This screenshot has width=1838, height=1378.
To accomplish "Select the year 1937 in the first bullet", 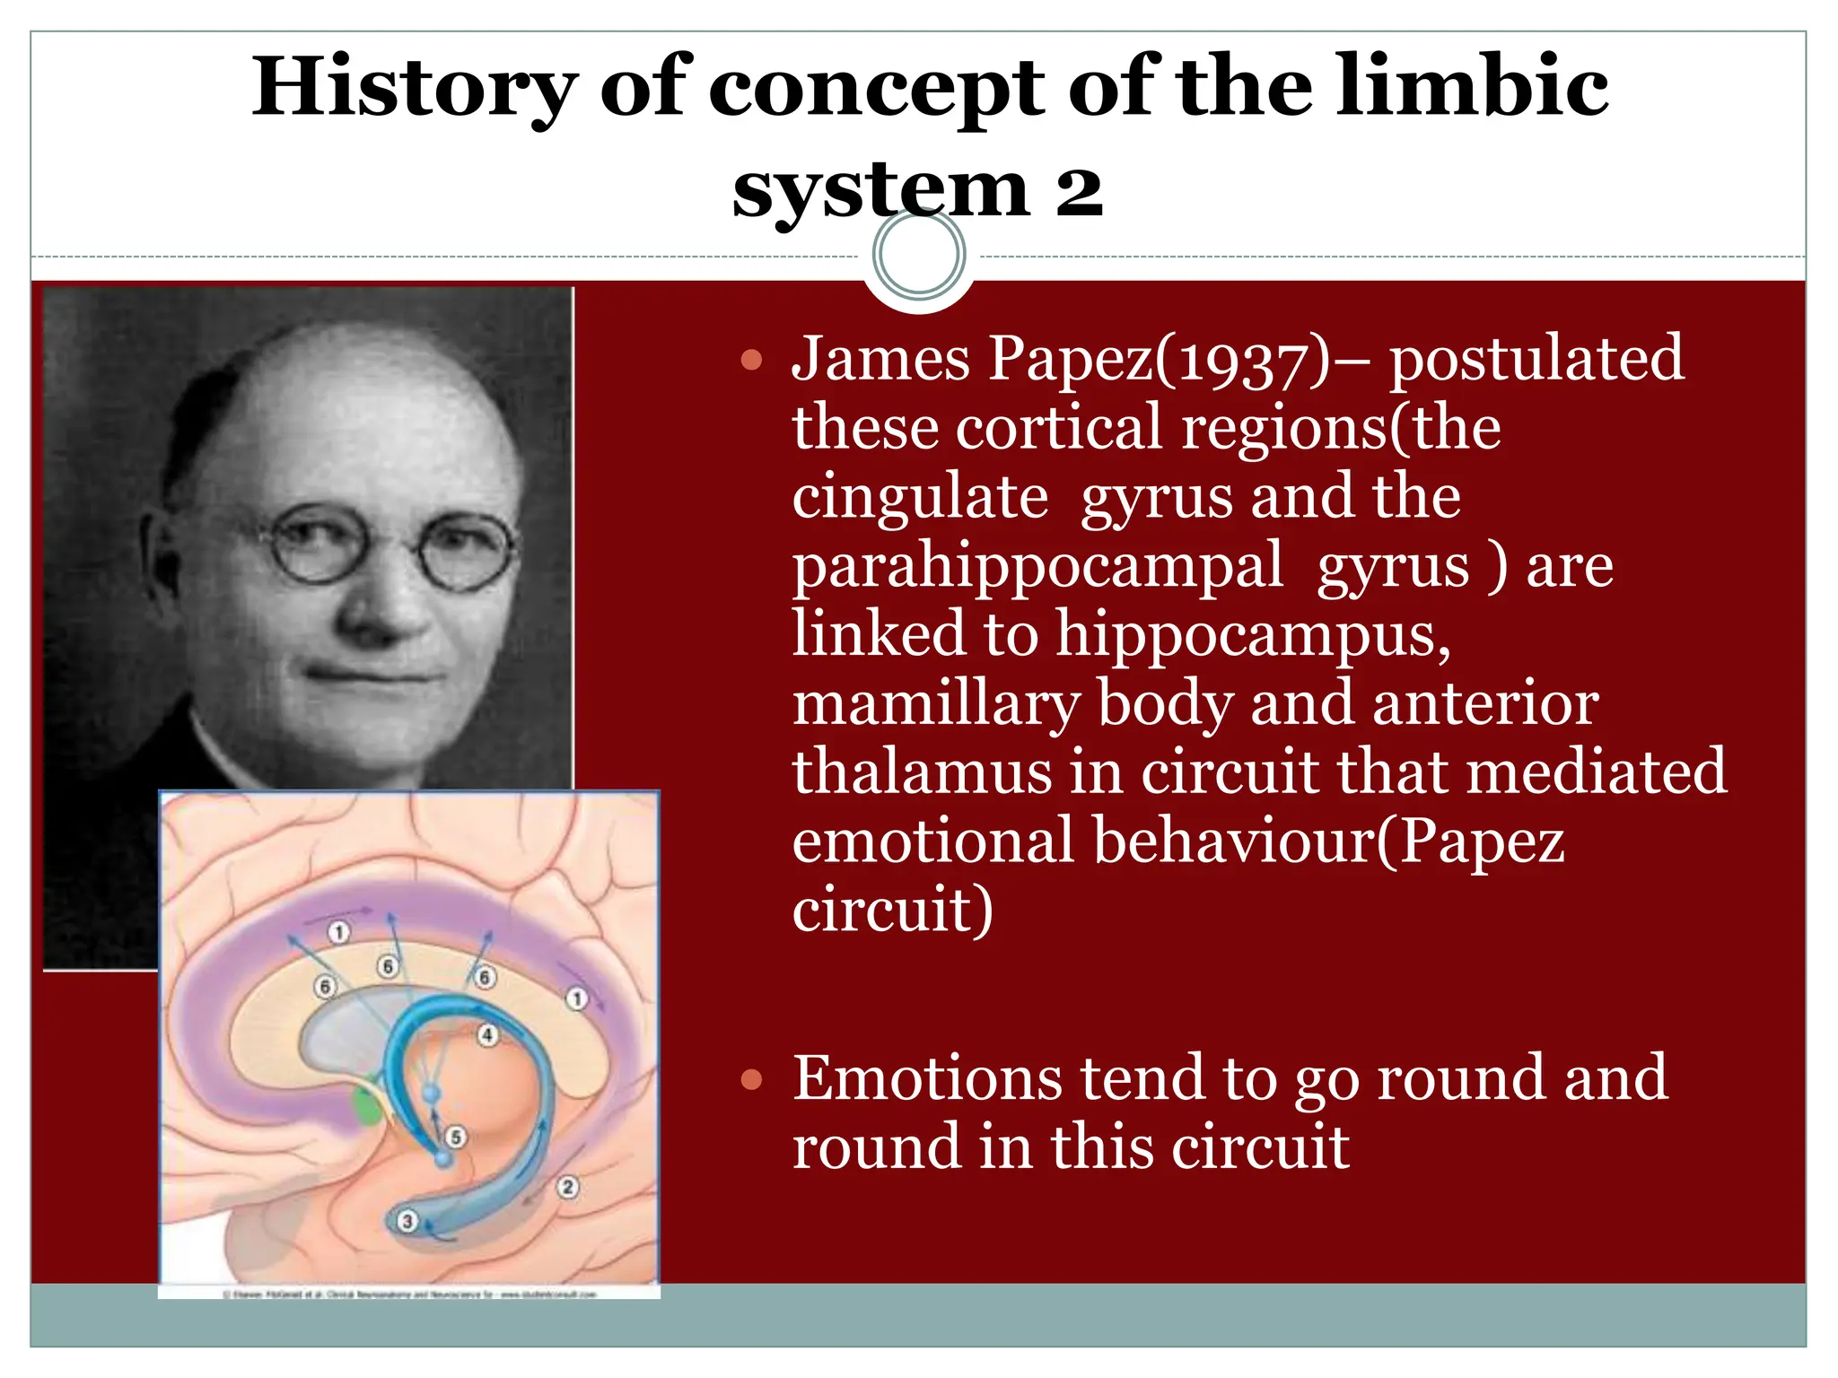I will (x=1247, y=360).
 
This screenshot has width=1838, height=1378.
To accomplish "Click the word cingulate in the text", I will (x=920, y=497).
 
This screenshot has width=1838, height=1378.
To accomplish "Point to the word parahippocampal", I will (x=1037, y=567).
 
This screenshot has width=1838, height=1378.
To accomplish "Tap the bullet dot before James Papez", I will (x=751, y=362).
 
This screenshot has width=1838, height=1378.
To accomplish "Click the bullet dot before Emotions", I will (x=751, y=1081).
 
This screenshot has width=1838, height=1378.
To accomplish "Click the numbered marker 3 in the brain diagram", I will (x=407, y=1221).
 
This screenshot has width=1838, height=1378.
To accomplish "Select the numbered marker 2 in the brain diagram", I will (x=567, y=1188).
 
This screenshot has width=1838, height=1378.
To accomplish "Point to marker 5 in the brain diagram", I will (x=456, y=1138).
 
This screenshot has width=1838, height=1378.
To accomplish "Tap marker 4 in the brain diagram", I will (x=487, y=1035).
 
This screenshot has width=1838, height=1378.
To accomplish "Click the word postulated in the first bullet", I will (x=1536, y=360).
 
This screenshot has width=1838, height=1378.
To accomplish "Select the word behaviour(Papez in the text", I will (x=1328, y=842).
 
